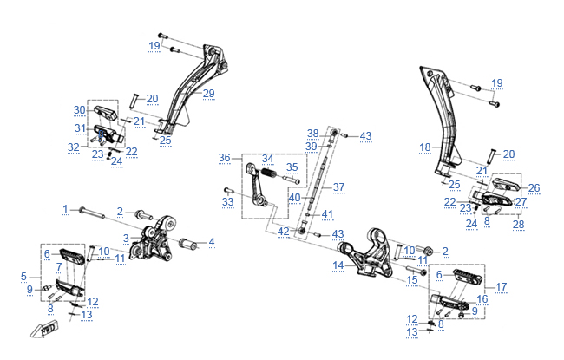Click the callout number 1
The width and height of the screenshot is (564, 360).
point(64,209)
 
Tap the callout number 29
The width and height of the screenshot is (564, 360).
point(208,94)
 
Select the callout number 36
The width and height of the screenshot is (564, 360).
point(224,159)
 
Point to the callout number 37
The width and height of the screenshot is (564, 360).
point(338,187)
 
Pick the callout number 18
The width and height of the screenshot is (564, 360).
point(424,147)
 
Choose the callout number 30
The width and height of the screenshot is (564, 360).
point(79,110)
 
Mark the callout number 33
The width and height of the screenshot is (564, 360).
point(227,202)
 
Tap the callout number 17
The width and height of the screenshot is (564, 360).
point(501,287)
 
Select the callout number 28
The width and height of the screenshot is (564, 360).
point(518,224)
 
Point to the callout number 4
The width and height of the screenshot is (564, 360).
point(211,241)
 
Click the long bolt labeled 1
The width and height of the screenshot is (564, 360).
point(95,211)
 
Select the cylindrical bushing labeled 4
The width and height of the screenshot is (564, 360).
point(185,240)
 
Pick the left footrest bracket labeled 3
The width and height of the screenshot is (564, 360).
point(149,240)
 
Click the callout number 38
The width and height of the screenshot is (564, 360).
point(312,133)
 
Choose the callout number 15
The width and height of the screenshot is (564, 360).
point(412,280)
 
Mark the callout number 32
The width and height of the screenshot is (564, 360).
point(74,147)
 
